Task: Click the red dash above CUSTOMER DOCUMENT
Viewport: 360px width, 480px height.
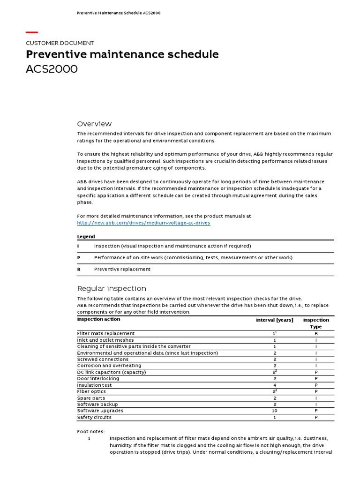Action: click(31, 32)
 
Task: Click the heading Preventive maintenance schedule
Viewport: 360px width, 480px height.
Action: click(122, 54)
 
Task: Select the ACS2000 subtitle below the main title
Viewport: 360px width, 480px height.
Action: click(52, 69)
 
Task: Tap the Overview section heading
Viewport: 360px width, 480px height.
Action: click(94, 124)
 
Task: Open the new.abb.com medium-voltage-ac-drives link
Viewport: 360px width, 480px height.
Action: click(143, 223)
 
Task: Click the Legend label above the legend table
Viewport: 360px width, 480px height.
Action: click(86, 237)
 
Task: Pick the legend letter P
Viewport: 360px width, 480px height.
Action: click(78, 258)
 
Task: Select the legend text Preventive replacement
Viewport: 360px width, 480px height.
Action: click(122, 270)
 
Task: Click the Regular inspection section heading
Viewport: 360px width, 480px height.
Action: click(112, 288)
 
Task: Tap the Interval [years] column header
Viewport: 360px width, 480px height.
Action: click(274, 320)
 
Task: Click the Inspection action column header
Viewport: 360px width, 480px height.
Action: click(98, 319)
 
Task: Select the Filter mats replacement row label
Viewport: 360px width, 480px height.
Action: click(105, 334)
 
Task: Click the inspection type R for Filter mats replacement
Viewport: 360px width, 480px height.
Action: click(316, 334)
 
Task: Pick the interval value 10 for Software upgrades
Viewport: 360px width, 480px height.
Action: click(275, 411)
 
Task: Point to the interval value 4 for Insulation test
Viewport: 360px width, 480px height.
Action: click(275, 385)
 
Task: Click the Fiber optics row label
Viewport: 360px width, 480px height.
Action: click(91, 391)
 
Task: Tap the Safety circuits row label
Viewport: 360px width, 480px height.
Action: click(94, 417)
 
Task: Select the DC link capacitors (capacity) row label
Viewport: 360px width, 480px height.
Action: click(112, 372)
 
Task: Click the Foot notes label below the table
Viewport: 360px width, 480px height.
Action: click(91, 431)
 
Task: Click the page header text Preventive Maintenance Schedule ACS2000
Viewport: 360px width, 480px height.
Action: click(119, 13)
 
